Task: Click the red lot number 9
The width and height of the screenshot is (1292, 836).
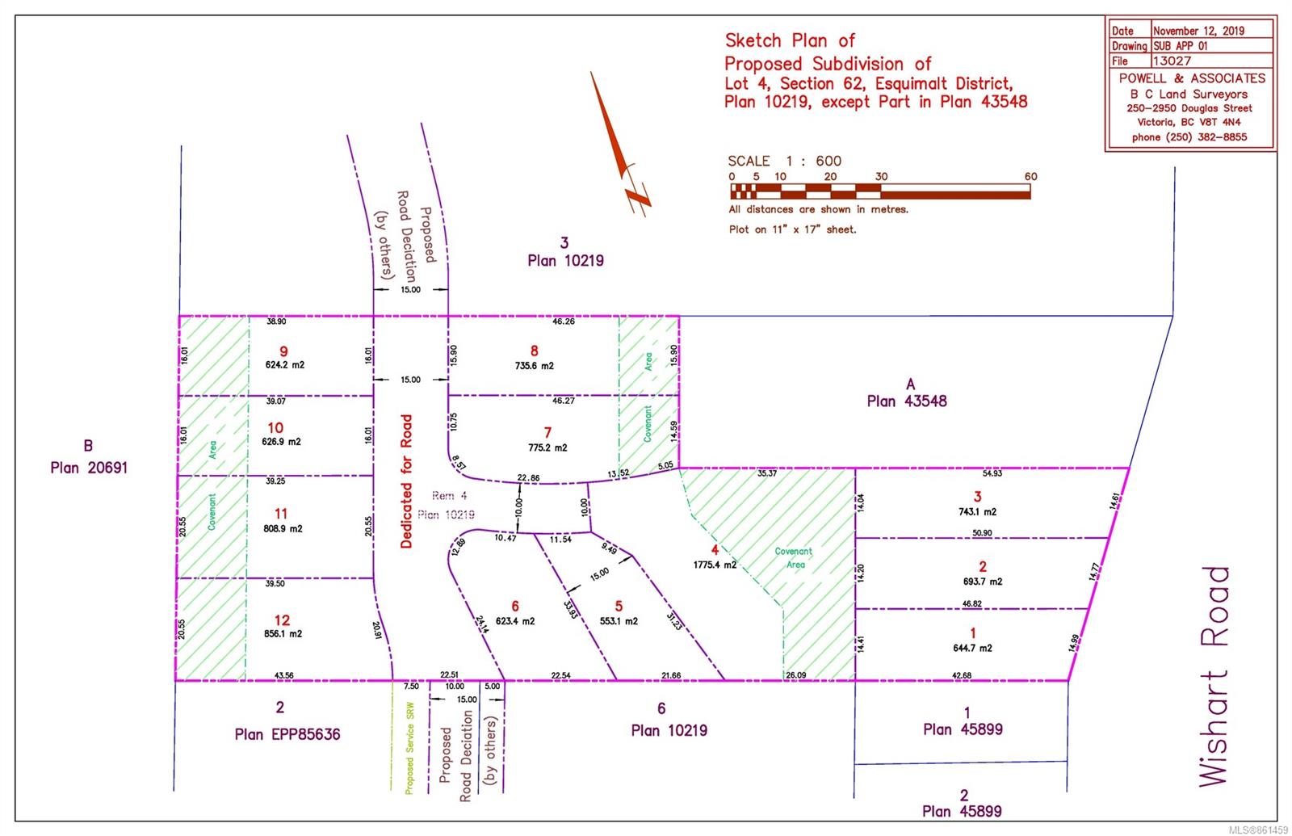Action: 283,351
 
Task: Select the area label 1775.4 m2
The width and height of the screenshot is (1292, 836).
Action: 715,565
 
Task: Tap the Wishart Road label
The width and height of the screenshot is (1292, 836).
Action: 1214,676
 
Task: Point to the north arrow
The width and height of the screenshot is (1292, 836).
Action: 620,141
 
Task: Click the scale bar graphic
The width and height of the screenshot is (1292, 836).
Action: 880,191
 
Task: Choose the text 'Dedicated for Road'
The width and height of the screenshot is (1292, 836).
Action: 406,481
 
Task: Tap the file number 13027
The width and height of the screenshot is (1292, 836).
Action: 1172,61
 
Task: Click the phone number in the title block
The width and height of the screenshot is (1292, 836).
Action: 1189,137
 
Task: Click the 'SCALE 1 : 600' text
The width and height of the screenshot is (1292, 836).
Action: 784,161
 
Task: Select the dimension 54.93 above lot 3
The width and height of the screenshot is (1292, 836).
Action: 992,473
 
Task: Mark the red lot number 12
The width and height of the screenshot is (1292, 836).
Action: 282,620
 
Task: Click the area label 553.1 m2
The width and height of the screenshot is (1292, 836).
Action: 619,621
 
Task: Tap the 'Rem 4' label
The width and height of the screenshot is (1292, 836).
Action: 443,496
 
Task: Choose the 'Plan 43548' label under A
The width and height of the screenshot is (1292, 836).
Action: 906,401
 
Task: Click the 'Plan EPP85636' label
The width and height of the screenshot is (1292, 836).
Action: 287,734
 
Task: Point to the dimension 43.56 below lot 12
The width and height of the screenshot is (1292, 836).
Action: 283,675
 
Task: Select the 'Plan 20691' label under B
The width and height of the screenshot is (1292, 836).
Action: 89,468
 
